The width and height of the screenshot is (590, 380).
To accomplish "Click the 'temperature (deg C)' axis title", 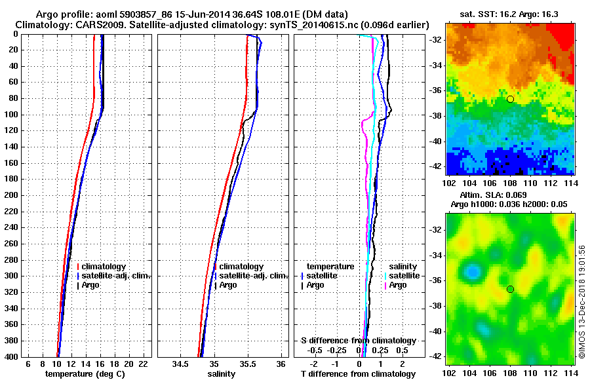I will pyautogui.click(x=85, y=374).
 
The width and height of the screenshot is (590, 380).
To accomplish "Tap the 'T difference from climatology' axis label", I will pyautogui.click(x=358, y=374).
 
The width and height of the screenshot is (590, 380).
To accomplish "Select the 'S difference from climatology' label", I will pyautogui.click(x=358, y=341).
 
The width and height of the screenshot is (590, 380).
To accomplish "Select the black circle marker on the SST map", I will pyautogui.click(x=510, y=99).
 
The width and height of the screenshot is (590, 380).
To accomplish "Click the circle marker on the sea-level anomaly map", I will pyautogui.click(x=510, y=289).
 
